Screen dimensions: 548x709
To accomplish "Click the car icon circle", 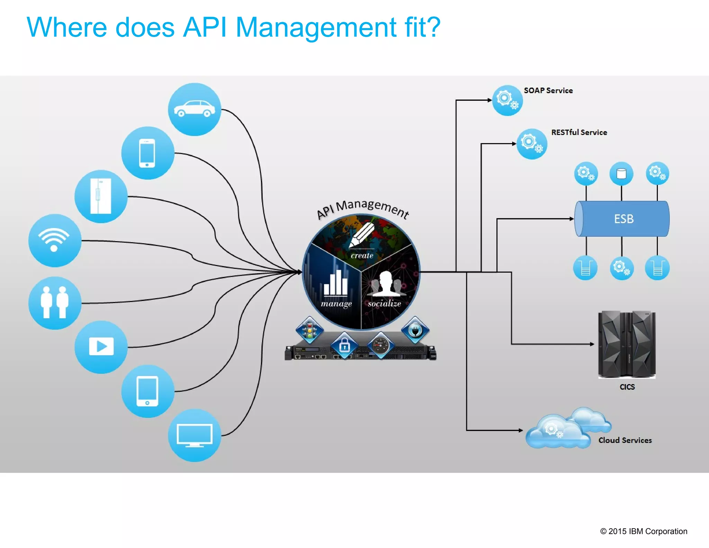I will (x=194, y=109).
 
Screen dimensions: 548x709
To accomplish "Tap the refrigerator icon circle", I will (x=101, y=196).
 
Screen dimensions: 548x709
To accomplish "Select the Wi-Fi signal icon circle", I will (x=55, y=240).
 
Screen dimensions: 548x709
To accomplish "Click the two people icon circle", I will (x=55, y=303).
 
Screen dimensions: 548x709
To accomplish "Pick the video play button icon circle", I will (x=101, y=347).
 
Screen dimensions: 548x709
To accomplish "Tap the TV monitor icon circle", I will (x=194, y=435).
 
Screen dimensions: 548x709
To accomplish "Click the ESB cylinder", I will (x=622, y=219).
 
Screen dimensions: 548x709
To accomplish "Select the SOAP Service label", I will (x=548, y=90).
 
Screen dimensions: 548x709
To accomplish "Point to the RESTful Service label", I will (x=579, y=132).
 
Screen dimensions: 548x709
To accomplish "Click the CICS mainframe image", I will (x=627, y=344).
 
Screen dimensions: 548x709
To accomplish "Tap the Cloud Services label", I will (x=625, y=440).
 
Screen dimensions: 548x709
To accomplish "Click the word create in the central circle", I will (x=362, y=256).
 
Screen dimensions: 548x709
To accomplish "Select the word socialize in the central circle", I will (x=384, y=304).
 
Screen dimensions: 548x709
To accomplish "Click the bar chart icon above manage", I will (x=335, y=283).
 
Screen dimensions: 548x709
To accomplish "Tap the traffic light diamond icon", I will (x=309, y=330).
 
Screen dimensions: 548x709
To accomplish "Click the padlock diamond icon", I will (x=344, y=345).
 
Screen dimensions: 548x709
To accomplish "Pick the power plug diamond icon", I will (x=415, y=330).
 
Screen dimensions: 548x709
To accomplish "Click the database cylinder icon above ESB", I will (x=621, y=174).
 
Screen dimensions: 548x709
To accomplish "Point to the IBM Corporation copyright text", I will (x=644, y=531).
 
